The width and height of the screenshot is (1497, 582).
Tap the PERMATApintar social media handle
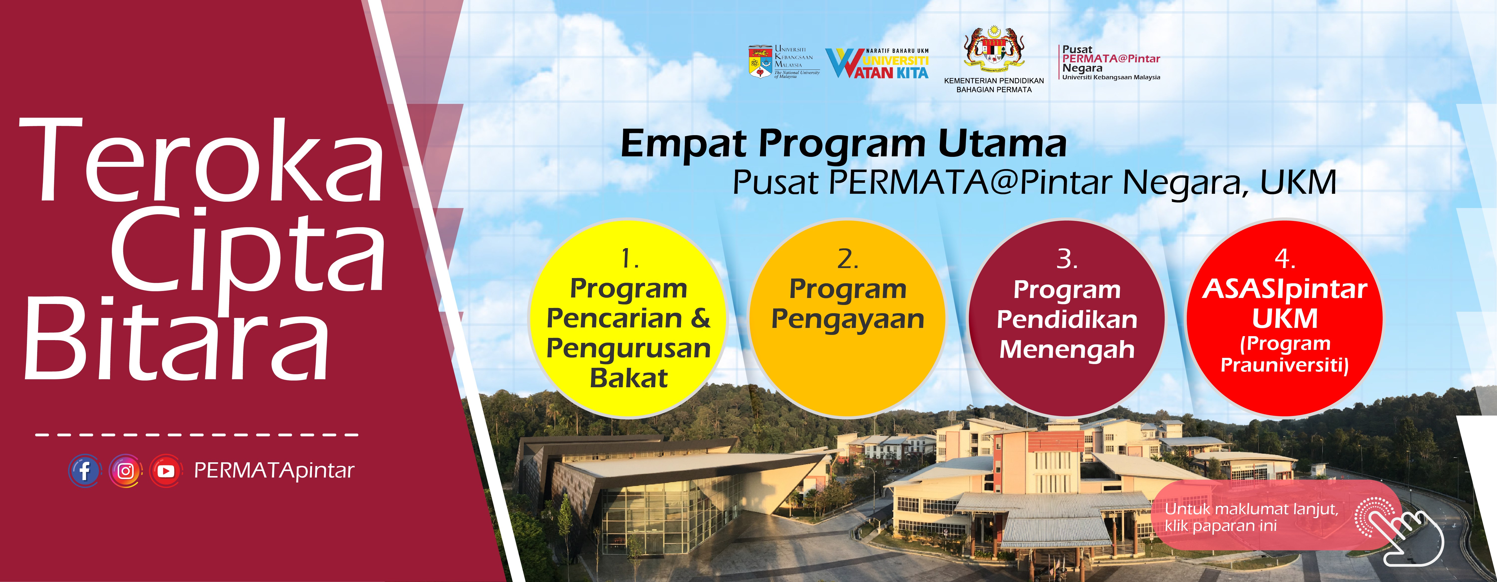tap(274, 471)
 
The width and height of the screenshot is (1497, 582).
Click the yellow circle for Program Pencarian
tap(628, 318)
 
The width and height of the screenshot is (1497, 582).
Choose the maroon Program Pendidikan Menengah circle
tap(1067, 318)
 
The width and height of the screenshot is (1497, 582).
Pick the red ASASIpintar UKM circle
tap(1285, 318)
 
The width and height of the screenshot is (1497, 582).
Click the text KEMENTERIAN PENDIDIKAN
tap(994, 81)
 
